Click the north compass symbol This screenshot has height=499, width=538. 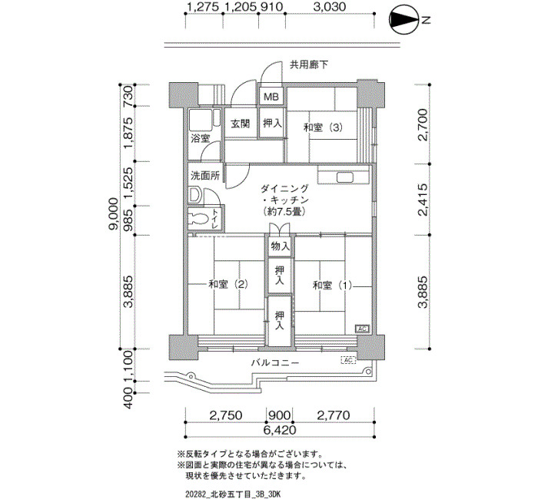pyautogui.click(x=404, y=21)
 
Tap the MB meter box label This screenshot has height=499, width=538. pyautogui.click(x=271, y=97)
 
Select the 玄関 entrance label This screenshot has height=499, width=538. pyautogui.click(x=240, y=124)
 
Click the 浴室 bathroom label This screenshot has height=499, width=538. pyautogui.click(x=201, y=138)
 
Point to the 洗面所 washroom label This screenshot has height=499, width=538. pyautogui.click(x=205, y=176)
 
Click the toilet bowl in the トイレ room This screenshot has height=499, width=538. pyautogui.click(x=199, y=218)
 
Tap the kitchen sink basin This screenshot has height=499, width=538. pyautogui.click(x=346, y=177)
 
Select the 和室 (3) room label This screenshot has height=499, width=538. pyautogui.click(x=324, y=128)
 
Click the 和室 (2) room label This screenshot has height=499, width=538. pyautogui.click(x=228, y=284)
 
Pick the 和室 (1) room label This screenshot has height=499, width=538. pyautogui.click(x=332, y=285)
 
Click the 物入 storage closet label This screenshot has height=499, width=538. pyautogui.click(x=280, y=246)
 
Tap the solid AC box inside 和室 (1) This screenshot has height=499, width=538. pyautogui.click(x=362, y=329)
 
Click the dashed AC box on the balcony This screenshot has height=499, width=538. pyautogui.click(x=347, y=360)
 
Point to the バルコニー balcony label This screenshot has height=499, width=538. pyautogui.click(x=275, y=362)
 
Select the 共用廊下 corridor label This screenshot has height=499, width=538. pyautogui.click(x=309, y=64)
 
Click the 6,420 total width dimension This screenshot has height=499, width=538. pyautogui.click(x=280, y=430)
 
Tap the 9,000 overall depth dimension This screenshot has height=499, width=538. pyautogui.click(x=113, y=214)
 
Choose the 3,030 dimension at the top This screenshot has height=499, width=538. pyautogui.click(x=330, y=6)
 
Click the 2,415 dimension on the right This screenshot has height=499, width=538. pyautogui.click(x=423, y=200)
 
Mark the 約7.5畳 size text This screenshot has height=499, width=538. pyautogui.click(x=284, y=211)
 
